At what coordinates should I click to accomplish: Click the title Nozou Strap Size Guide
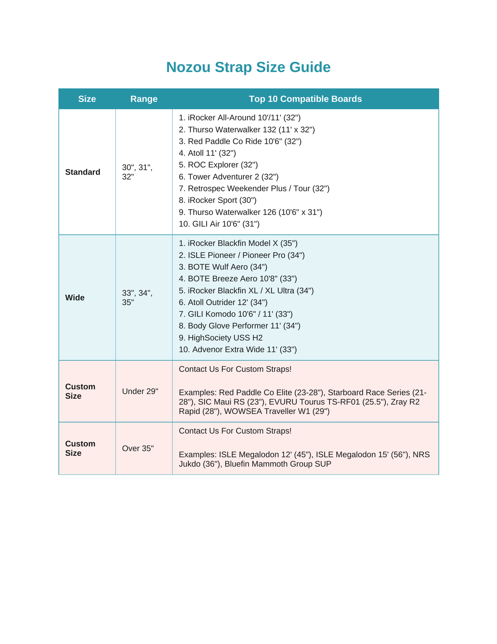pyautogui.click(x=248, y=67)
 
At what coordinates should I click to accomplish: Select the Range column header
pyautogui.click(x=144, y=99)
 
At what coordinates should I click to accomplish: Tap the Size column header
pyautogui.click(x=87, y=99)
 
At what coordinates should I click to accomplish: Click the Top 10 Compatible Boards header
pyautogui.click(x=305, y=99)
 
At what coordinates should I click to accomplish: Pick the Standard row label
pyautogui.click(x=83, y=172)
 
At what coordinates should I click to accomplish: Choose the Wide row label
pyautogui.click(x=75, y=298)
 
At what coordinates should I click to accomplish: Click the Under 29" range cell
pyautogui.click(x=140, y=391)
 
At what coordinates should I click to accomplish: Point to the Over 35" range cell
pyautogui.click(x=138, y=448)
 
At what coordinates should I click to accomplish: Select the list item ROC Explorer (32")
pyautogui.click(x=218, y=165)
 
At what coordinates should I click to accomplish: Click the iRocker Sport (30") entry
pyautogui.click(x=218, y=200)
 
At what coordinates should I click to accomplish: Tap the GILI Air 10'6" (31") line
pyautogui.click(x=219, y=224)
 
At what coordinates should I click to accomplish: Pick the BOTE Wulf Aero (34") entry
pyautogui.click(x=223, y=267)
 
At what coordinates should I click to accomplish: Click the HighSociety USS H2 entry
pyautogui.click(x=221, y=338)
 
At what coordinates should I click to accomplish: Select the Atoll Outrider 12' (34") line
pyautogui.click(x=223, y=302)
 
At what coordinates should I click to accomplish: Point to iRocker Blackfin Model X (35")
pyautogui.click(x=238, y=243)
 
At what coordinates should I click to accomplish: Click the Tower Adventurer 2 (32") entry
pyautogui.click(x=229, y=177)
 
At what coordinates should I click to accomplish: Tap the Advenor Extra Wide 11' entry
pyautogui.click(x=238, y=350)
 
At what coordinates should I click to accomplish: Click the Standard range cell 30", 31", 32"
pyautogui.click(x=137, y=172)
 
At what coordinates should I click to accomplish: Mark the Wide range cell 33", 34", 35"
pyautogui.click(x=137, y=298)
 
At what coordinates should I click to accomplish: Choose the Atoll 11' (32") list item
pyautogui.click(x=207, y=153)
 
